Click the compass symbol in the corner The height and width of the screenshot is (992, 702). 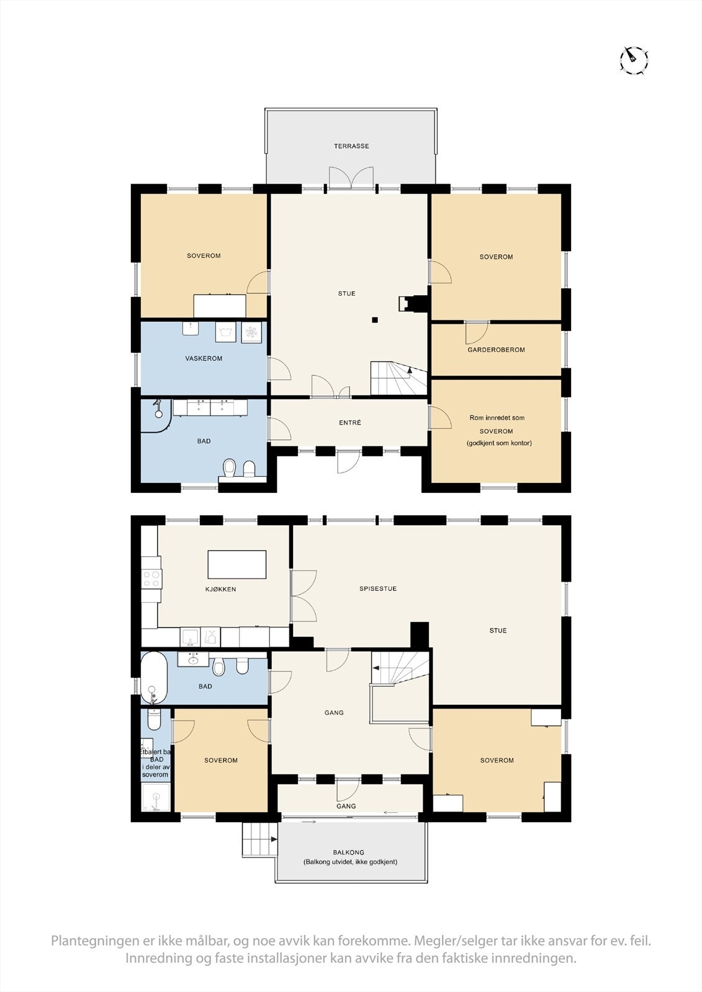click(634, 60)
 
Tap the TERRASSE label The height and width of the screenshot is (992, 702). click(351, 146)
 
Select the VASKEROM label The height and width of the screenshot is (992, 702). click(204, 358)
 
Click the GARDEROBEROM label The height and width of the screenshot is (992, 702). click(496, 350)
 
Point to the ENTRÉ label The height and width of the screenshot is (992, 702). click(350, 423)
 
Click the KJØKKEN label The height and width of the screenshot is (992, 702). click(220, 589)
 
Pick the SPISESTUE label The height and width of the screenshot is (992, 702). click(377, 588)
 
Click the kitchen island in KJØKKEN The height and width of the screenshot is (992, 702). click(237, 564)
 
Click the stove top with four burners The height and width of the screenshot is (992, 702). click(151, 579)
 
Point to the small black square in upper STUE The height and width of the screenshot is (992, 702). click(375, 320)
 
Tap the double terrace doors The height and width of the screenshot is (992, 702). click(351, 178)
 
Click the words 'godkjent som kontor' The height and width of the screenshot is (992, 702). click(499, 443)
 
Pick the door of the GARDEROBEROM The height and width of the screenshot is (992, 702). click(477, 332)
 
